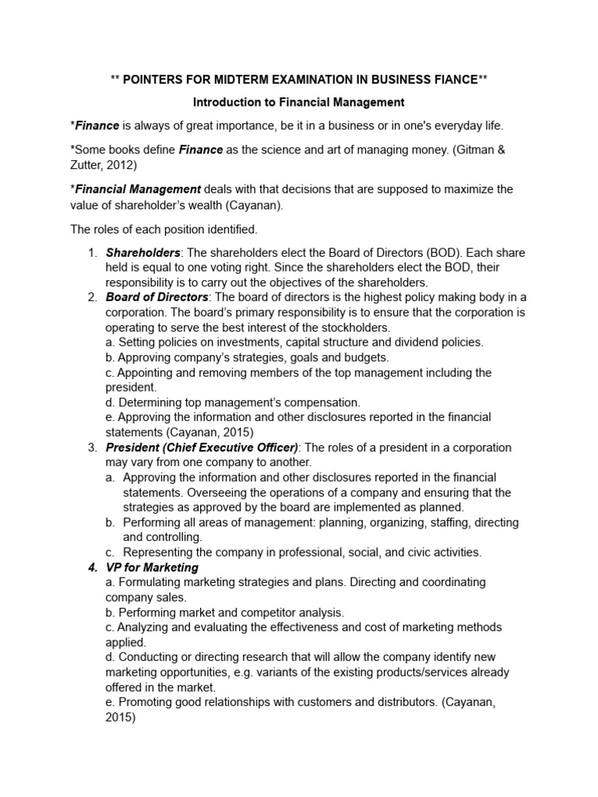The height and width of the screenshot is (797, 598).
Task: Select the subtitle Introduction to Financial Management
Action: click(299, 102)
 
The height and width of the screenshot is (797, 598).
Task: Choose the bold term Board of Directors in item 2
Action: click(157, 297)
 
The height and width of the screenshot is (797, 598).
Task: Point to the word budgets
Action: click(364, 357)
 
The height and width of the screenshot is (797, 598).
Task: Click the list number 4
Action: click(92, 567)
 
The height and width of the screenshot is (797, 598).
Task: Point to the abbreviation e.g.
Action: click(256, 672)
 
